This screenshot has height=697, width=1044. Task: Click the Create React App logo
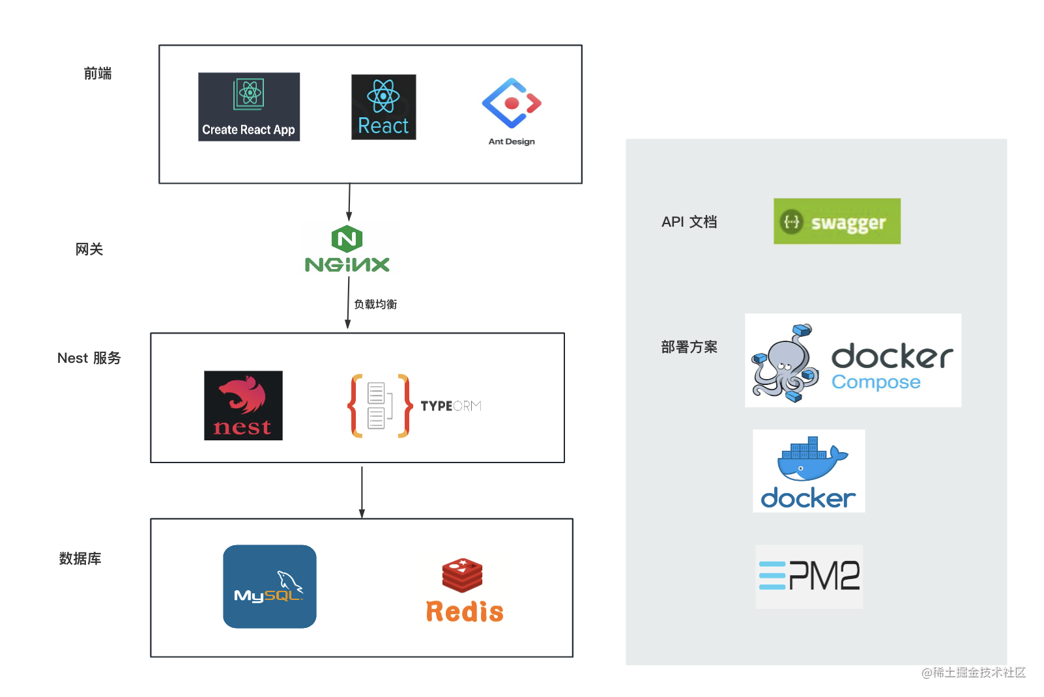pyautogui.click(x=249, y=107)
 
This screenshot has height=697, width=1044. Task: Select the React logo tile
pyautogui.click(x=383, y=107)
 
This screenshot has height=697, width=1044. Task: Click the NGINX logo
pyautogui.click(x=347, y=250)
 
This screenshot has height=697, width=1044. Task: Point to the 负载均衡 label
pyautogui.click(x=375, y=304)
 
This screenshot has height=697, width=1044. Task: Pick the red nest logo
pyautogui.click(x=243, y=405)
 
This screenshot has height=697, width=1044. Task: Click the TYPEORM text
pyautogui.click(x=450, y=406)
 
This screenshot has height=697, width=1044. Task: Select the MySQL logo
pyautogui.click(x=270, y=586)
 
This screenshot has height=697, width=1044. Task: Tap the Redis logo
pyautogui.click(x=464, y=590)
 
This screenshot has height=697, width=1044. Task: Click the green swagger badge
pyautogui.click(x=837, y=221)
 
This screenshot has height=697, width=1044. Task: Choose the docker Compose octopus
pyautogui.click(x=786, y=362)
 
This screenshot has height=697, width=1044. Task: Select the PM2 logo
pyautogui.click(x=809, y=576)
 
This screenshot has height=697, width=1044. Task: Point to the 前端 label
pyautogui.click(x=98, y=74)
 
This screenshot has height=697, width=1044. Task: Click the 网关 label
pyautogui.click(x=89, y=249)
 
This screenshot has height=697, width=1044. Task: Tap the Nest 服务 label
pyautogui.click(x=89, y=358)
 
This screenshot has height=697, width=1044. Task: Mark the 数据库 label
pyautogui.click(x=80, y=559)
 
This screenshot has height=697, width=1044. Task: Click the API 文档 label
pyautogui.click(x=689, y=222)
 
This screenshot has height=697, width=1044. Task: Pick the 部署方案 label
pyautogui.click(x=689, y=347)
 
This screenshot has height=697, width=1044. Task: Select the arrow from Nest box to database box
pyautogui.click(x=362, y=491)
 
